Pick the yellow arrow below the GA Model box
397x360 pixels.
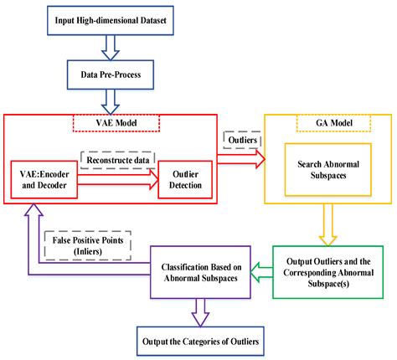[322, 224]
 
